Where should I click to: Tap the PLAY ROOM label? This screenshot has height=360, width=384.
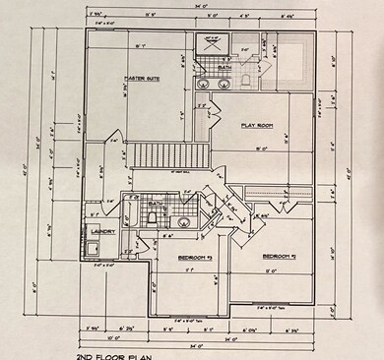(x=258, y=126)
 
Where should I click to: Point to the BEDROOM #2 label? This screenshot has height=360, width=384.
(x=281, y=258)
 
